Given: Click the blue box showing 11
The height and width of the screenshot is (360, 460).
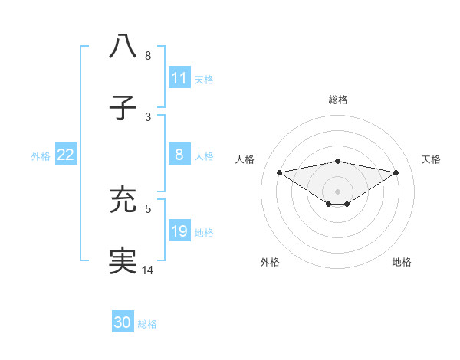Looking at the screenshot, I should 179,77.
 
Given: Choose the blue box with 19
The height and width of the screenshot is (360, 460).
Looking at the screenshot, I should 179,231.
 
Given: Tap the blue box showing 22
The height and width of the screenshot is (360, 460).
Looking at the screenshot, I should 65,155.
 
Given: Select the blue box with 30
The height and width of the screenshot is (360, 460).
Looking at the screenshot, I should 123,322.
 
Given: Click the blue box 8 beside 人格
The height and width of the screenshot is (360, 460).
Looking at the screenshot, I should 179,155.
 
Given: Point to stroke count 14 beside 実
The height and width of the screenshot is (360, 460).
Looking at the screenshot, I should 148,270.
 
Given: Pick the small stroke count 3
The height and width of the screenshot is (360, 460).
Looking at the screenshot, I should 148,116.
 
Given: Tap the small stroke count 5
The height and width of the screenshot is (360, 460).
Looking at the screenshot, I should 148,207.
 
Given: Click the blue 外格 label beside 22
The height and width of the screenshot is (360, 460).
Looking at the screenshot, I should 41,155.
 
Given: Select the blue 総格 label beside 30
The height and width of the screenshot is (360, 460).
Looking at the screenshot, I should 147,323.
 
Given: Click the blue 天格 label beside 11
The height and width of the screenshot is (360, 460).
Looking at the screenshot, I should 204,78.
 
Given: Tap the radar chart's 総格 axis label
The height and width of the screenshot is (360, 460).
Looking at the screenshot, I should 337,100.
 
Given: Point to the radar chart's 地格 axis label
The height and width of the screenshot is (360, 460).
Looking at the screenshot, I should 402,262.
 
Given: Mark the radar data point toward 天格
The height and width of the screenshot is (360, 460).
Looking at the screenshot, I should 396,172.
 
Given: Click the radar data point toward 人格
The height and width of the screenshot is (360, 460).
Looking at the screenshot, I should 279,172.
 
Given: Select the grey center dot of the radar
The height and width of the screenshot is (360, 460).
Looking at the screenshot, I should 337,191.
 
